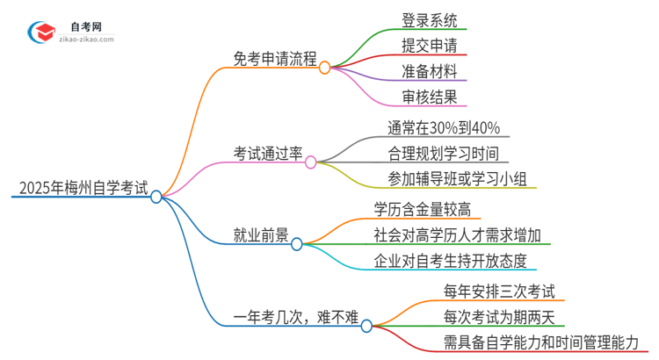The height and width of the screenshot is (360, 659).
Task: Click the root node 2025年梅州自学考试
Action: click(81, 187)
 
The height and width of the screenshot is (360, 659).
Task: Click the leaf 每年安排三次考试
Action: click(499, 291)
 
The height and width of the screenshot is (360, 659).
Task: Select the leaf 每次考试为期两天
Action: click(499, 317)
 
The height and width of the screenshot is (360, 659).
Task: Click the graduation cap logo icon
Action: click(41, 32)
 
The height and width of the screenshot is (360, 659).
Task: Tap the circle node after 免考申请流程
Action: click(324, 68)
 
